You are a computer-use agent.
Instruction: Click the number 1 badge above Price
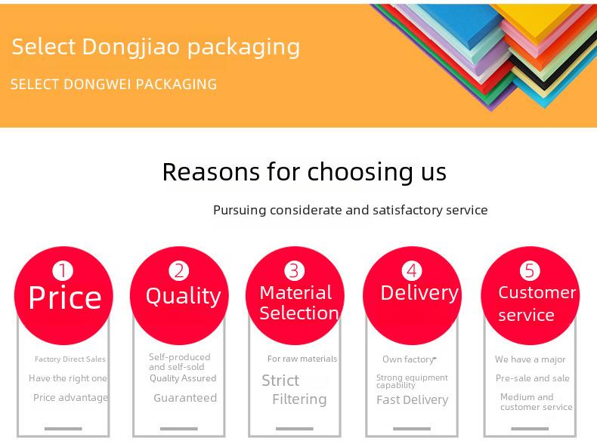click(63, 271)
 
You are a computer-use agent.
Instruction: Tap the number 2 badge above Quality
click(179, 271)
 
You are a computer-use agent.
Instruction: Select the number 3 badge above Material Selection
click(294, 271)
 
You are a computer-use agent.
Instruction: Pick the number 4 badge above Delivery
click(412, 271)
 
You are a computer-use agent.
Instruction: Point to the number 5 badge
click(530, 271)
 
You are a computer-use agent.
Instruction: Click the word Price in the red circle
click(65, 297)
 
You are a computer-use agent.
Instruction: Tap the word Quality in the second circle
click(183, 296)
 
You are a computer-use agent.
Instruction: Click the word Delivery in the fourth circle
click(419, 293)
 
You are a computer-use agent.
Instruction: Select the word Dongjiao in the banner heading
click(131, 47)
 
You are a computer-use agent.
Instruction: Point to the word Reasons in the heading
click(212, 172)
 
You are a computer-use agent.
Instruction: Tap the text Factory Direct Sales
click(70, 359)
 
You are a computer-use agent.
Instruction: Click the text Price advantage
click(71, 398)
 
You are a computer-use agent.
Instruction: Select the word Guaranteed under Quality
click(185, 398)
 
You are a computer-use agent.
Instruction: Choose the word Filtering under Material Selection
click(300, 399)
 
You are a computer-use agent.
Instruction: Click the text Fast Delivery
click(413, 400)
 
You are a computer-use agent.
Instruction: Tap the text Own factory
click(408, 359)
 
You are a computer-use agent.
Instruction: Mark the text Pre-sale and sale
click(532, 378)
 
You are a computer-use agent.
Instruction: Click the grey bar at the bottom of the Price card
click(63, 429)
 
